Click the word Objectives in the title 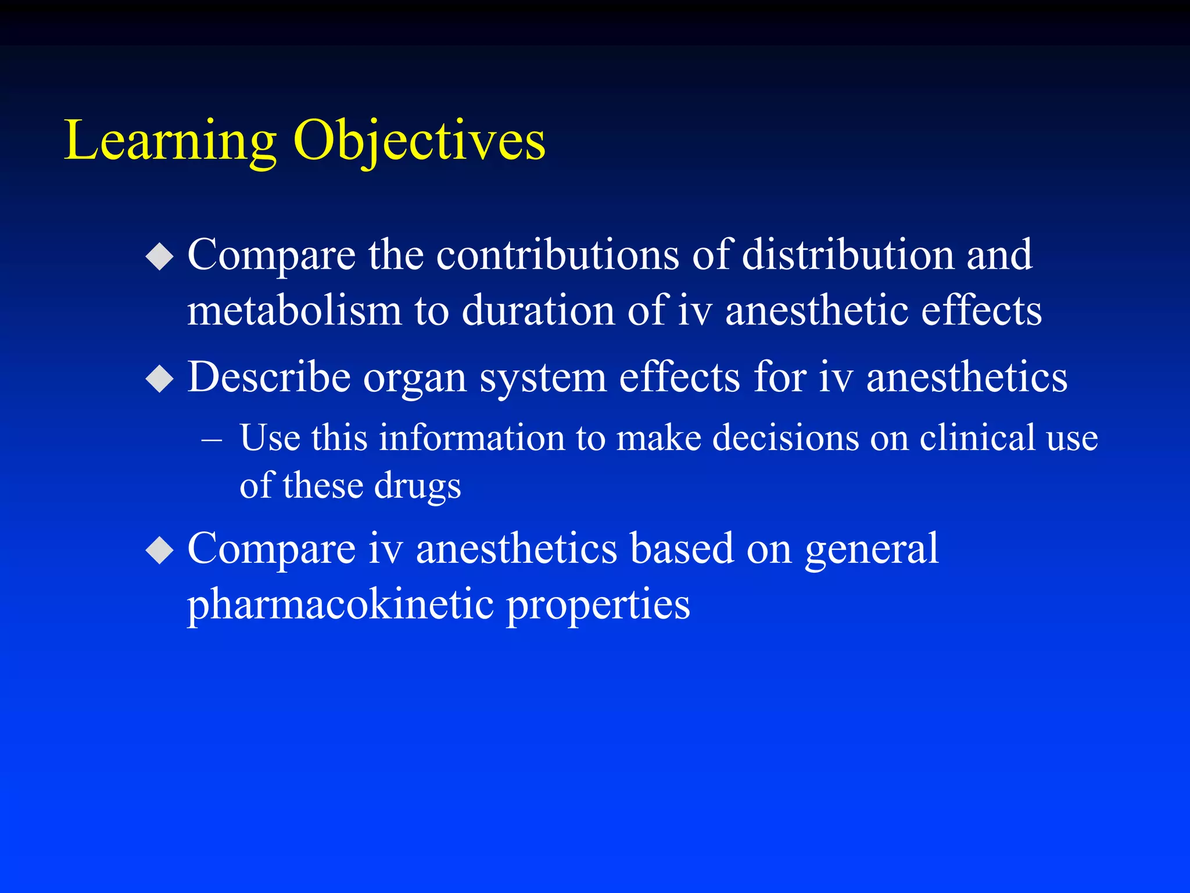(419, 141)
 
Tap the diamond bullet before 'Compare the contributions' (160, 256)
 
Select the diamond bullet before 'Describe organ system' (160, 379)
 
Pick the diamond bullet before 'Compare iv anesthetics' (160, 550)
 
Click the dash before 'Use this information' (212, 440)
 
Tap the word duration (538, 310)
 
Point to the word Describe (269, 378)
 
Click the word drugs (417, 486)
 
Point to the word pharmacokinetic (340, 605)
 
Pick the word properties (598, 605)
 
